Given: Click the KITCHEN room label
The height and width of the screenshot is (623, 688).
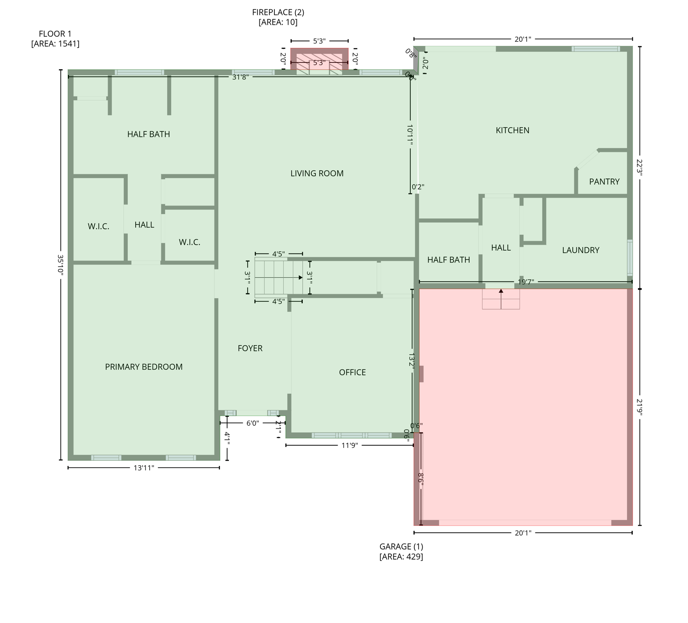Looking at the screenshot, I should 512,130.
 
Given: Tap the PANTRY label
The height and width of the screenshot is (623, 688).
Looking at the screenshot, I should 604,182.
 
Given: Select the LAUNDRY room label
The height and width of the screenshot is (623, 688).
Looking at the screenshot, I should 580,250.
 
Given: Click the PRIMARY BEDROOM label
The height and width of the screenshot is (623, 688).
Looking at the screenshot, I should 144,367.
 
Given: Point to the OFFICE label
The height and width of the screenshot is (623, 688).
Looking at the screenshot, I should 352,372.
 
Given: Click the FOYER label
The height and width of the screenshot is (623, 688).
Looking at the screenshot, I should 250,348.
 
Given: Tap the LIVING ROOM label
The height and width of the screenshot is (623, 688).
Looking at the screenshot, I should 317,174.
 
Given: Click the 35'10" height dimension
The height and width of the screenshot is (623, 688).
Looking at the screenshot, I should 60,265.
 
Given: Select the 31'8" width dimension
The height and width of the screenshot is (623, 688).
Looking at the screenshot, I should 240,77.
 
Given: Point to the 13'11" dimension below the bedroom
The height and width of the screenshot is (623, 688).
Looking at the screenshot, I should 144,468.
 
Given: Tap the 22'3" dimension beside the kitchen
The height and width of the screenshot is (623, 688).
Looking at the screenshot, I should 640,167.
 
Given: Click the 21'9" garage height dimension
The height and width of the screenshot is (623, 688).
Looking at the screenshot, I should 640,407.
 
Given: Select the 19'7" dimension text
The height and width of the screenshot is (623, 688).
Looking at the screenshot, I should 526,282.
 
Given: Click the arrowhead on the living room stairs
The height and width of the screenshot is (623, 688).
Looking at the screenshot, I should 300,277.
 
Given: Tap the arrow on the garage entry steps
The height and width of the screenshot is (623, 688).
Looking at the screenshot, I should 501,291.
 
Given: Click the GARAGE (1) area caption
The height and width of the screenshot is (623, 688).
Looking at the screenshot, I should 401,552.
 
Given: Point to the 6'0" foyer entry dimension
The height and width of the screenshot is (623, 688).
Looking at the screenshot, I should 252,423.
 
